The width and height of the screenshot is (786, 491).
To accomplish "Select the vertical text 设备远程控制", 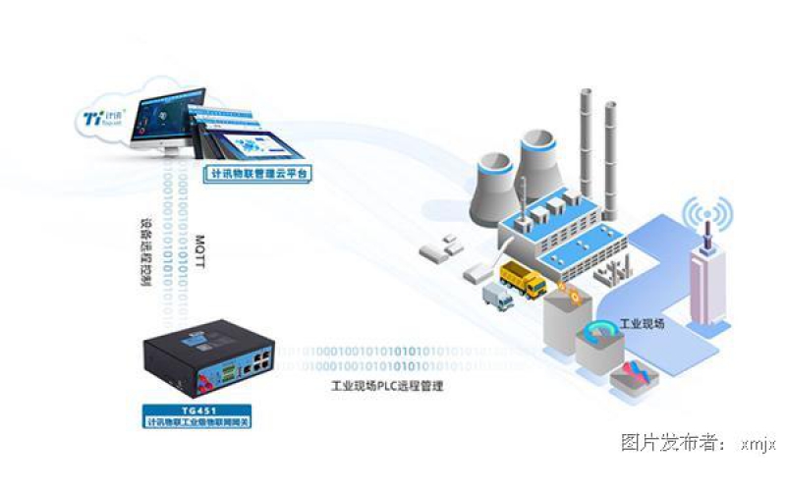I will pyautogui.click(x=146, y=250).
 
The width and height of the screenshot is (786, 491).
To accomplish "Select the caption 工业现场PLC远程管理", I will pyautogui.click(x=388, y=386).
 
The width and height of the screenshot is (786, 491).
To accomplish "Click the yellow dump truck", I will pyautogui.click(x=523, y=279).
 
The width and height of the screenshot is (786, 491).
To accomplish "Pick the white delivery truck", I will pyautogui.click(x=499, y=296).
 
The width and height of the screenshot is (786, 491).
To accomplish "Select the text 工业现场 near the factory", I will pyautogui.click(x=644, y=323).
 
